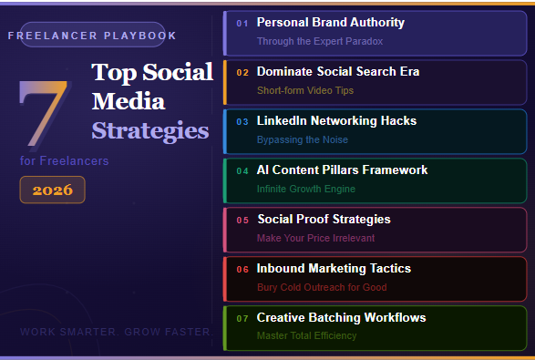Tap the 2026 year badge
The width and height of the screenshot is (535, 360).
52,190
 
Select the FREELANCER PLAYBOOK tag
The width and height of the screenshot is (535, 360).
91,36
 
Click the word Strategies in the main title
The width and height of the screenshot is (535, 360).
149,130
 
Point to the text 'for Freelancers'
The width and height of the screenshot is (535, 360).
64,160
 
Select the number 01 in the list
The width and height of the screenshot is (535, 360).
242,23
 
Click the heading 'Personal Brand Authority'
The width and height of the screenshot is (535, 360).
330,22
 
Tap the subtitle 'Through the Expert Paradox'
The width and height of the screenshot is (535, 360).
319,41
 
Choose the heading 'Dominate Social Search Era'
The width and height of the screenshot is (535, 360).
337,71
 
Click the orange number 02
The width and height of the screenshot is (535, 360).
242,72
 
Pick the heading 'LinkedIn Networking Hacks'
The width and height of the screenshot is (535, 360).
336,120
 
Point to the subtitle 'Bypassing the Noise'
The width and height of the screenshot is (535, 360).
302,139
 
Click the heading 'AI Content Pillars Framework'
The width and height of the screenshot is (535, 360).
342,170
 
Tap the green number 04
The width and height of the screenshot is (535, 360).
242,170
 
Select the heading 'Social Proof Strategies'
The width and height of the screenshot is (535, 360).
324,219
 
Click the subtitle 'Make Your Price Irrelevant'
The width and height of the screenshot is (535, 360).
316,238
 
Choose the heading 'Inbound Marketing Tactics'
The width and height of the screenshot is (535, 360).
333,268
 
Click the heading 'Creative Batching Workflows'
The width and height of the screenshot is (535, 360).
341,317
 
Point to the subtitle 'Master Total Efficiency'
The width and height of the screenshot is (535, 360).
306,335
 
